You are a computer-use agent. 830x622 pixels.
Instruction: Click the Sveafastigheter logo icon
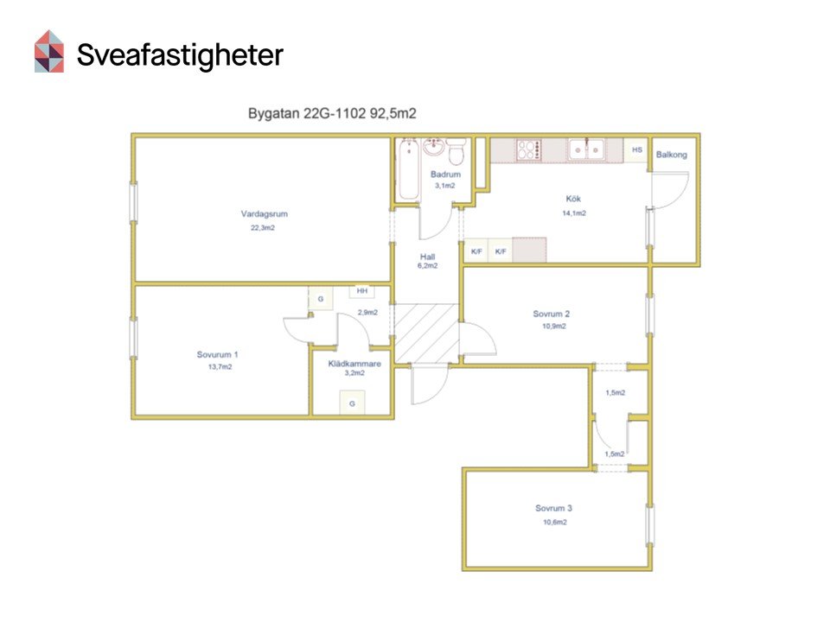[x=49, y=51]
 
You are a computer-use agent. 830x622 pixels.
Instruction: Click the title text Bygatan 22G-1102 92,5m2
[x=332, y=113]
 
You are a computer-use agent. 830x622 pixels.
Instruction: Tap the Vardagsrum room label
[x=265, y=213]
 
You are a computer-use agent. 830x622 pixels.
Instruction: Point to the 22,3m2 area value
[x=263, y=228]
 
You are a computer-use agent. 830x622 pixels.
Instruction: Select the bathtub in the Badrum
[x=409, y=169]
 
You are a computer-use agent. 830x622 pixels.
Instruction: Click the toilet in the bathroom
[x=456, y=151]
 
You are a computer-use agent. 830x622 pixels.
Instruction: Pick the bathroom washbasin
[x=433, y=147]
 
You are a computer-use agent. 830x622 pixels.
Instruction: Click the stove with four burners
[x=529, y=149]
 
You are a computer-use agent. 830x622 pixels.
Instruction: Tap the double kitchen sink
[x=586, y=149]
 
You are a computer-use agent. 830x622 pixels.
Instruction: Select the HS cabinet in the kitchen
[x=637, y=150]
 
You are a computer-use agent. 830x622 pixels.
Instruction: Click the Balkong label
[x=671, y=155]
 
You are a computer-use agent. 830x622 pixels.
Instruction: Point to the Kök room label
[x=573, y=199]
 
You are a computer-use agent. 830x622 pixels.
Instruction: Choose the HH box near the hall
[x=362, y=291]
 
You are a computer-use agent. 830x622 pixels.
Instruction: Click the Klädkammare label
[x=354, y=364]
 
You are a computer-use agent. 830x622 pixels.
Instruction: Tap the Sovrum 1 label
[x=217, y=354]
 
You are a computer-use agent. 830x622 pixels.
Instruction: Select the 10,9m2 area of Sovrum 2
[x=553, y=327]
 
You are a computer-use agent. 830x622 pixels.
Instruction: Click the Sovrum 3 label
[x=553, y=508]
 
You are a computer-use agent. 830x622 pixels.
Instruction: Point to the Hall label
[x=427, y=257]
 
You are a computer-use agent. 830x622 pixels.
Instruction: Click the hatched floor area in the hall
[x=426, y=333]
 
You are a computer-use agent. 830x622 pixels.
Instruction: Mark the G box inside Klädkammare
[x=352, y=403]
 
